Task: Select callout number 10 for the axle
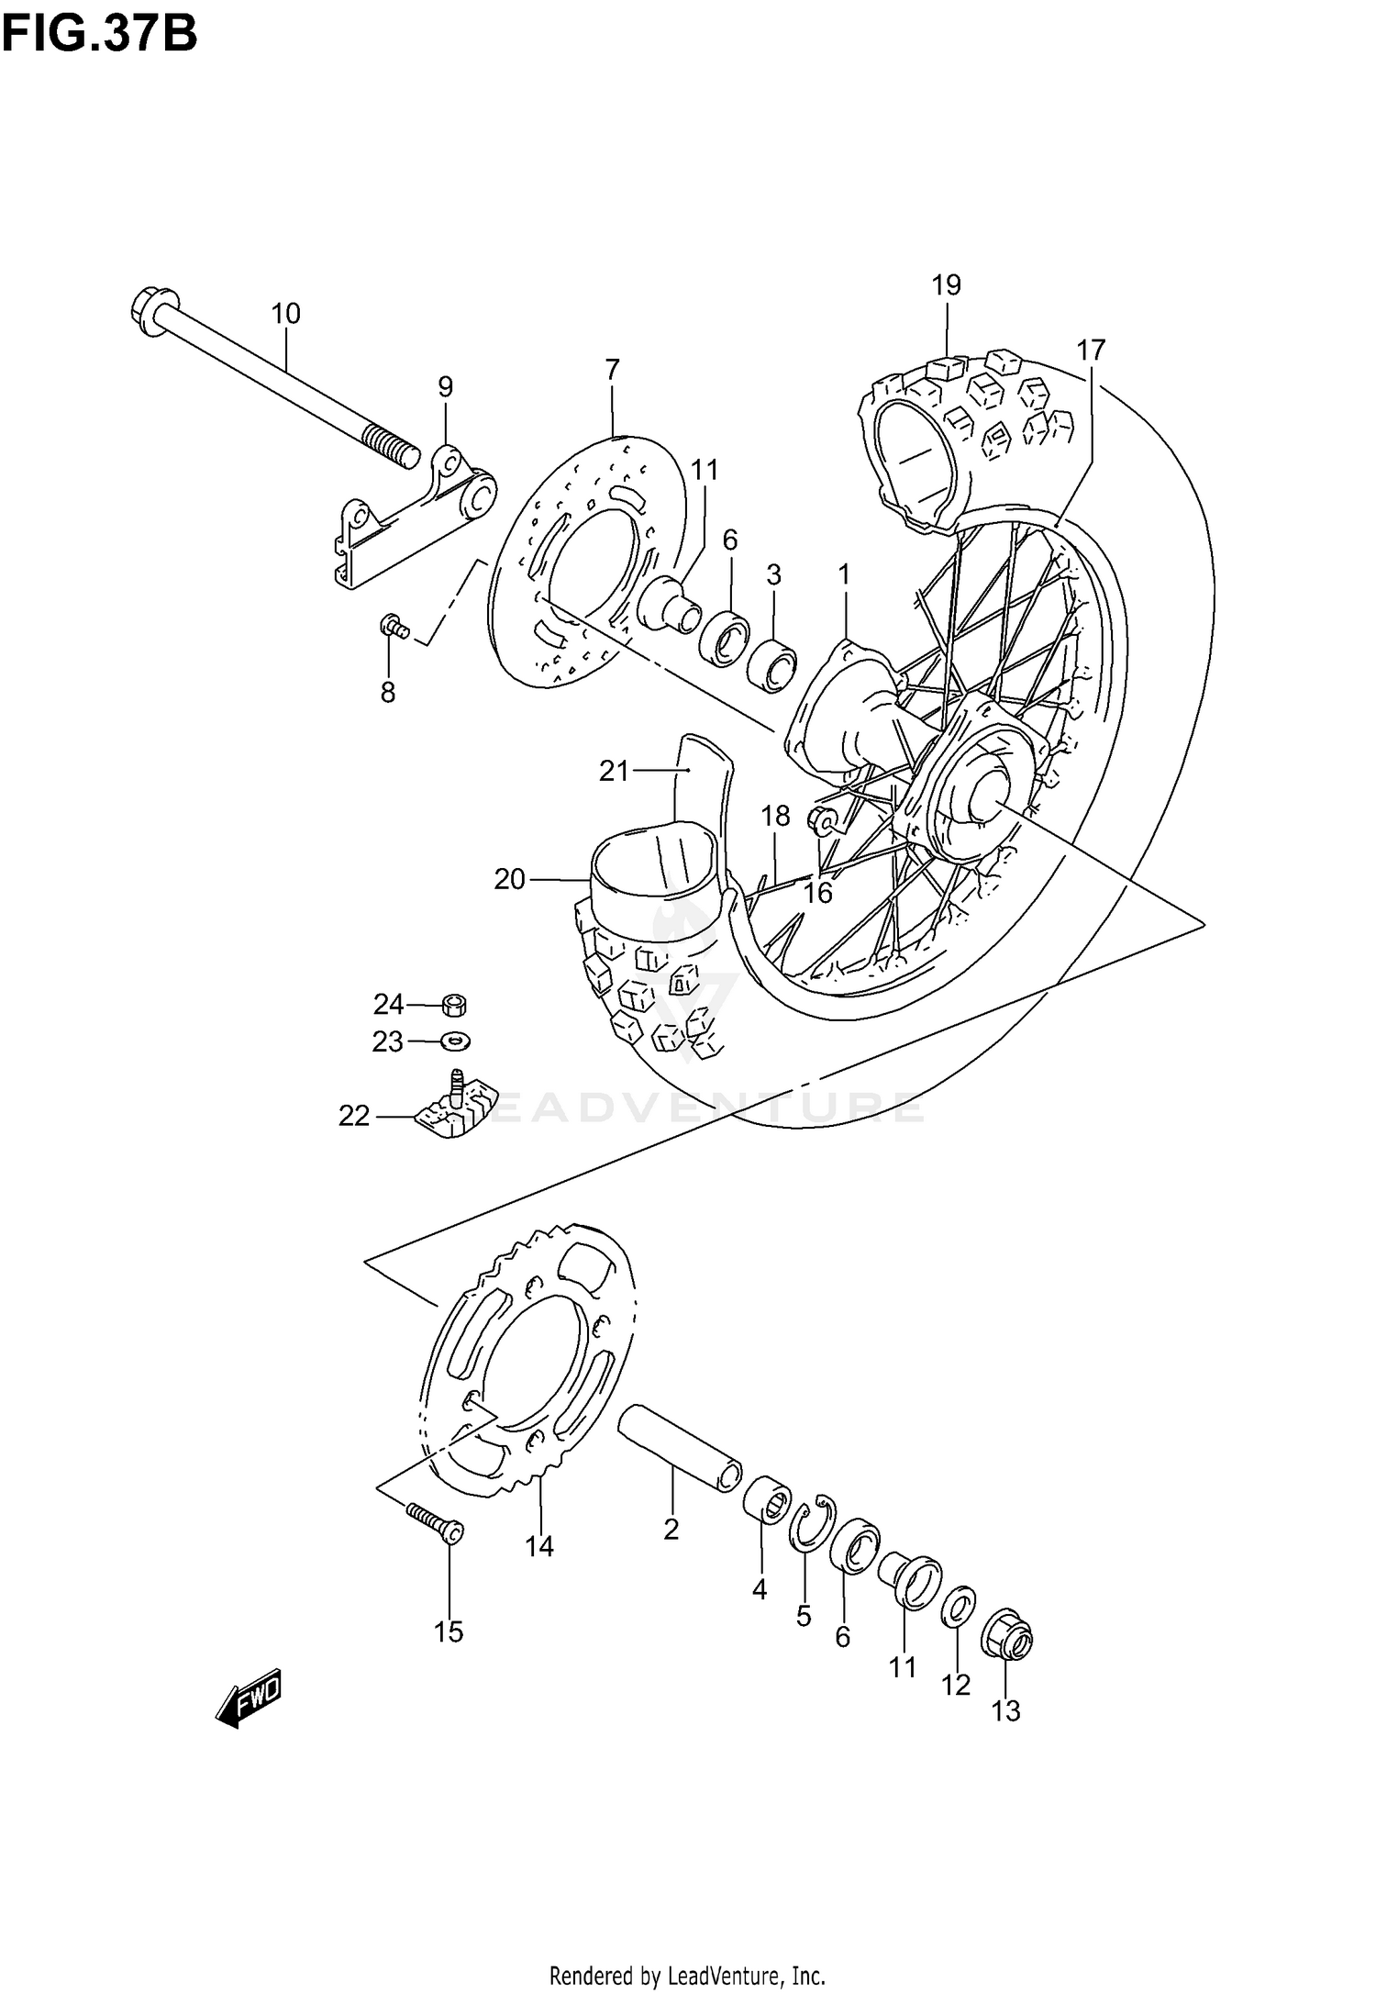tap(285, 314)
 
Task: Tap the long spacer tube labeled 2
tap(679, 1449)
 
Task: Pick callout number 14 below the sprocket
tap(539, 1546)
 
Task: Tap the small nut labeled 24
tap(453, 1005)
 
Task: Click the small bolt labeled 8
tap(392, 628)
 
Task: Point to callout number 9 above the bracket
tap(445, 387)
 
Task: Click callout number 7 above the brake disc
tap(612, 370)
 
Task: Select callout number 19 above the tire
tap(946, 285)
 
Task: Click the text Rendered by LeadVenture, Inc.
tap(687, 1969)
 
